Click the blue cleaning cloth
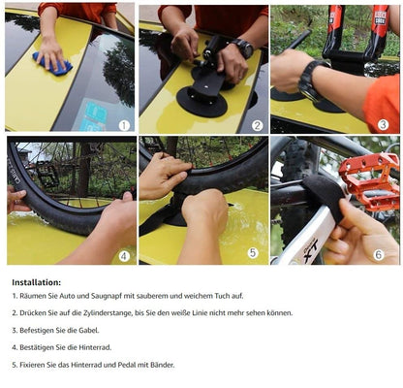(x=52, y=64)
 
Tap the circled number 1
(x=124, y=125)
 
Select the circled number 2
(x=257, y=125)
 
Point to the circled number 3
(x=384, y=125)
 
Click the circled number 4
(x=124, y=256)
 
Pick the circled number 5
(x=253, y=252)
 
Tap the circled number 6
(x=379, y=254)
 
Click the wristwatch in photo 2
(x=241, y=48)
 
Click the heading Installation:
(x=37, y=282)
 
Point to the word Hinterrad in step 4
(x=95, y=347)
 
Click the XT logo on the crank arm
(x=311, y=250)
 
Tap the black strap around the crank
(x=324, y=196)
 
